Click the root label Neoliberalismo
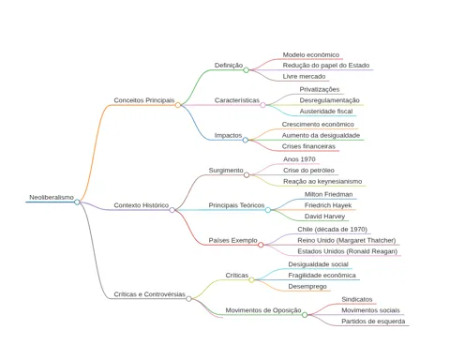[52, 198]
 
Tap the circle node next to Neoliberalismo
[77, 202]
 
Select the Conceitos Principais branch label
[144, 100]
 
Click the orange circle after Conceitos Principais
[178, 105]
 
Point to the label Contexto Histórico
[142, 205]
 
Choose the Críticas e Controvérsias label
[149, 294]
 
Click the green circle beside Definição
[246, 70]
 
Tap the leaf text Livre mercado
[304, 77]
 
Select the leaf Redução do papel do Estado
[326, 66]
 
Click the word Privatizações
[320, 90]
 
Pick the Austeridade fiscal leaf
[326, 112]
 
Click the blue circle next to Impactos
[246, 140]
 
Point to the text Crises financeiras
[308, 146]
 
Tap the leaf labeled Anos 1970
[299, 159]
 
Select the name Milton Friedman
[328, 194]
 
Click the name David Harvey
[324, 217]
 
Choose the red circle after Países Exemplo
[261, 245]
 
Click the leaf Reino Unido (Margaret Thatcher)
[347, 241]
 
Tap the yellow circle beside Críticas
[251, 280]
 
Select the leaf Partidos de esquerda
[373, 322]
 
